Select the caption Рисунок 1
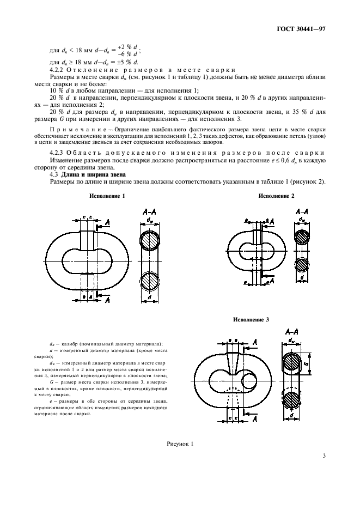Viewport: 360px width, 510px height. [180, 445]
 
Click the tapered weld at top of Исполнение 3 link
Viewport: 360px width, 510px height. [231, 357]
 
